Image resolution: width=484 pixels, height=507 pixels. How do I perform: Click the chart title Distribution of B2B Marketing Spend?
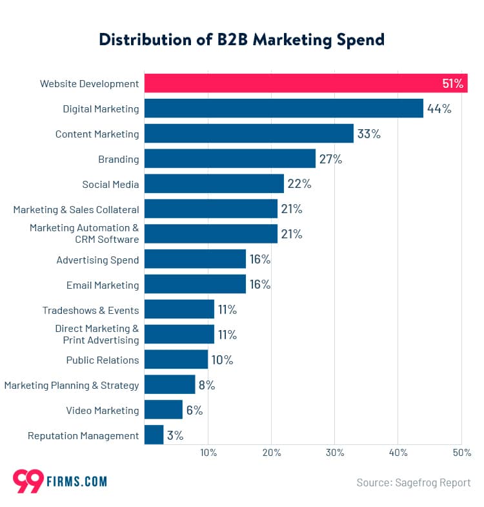tap(241, 39)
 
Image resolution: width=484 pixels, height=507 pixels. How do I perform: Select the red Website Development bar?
tap(305, 83)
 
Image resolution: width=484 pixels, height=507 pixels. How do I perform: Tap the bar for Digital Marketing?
tap(283, 109)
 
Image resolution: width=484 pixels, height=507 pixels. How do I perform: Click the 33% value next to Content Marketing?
tap(369, 134)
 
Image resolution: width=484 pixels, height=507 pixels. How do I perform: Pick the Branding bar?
tap(230, 159)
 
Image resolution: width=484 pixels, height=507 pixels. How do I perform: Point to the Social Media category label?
tap(110, 184)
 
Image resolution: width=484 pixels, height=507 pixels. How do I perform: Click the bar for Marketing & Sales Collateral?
tap(210, 209)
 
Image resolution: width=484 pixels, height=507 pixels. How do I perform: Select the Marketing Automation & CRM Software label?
tap(84, 234)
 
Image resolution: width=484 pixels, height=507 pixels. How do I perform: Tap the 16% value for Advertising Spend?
tap(260, 260)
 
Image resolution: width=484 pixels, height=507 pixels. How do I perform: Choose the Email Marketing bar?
tap(195, 285)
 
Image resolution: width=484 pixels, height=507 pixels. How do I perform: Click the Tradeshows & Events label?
tap(90, 310)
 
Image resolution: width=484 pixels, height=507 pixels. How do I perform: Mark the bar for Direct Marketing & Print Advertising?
tap(179, 335)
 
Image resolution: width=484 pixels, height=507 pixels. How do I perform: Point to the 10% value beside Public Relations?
tap(222, 360)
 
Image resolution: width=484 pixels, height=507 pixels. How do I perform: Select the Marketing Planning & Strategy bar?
tap(169, 385)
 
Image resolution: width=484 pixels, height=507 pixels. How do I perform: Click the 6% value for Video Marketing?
tap(194, 411)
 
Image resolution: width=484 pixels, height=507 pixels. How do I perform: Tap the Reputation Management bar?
tap(154, 435)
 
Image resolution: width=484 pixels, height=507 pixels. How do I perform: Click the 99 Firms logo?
tap(59, 481)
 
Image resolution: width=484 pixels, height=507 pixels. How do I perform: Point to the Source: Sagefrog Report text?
tap(413, 482)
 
